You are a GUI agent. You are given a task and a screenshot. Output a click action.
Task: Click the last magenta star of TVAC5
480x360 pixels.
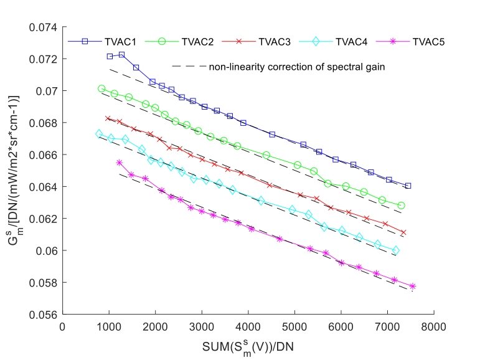(412, 287)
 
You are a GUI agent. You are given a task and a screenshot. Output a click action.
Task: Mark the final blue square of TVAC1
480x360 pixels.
(408, 186)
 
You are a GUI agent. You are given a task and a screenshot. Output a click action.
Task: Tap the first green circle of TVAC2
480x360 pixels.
(101, 89)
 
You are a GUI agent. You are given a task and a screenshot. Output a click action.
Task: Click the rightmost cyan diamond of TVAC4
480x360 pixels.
(395, 250)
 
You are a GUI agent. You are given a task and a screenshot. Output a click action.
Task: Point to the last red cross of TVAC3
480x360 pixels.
(403, 232)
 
